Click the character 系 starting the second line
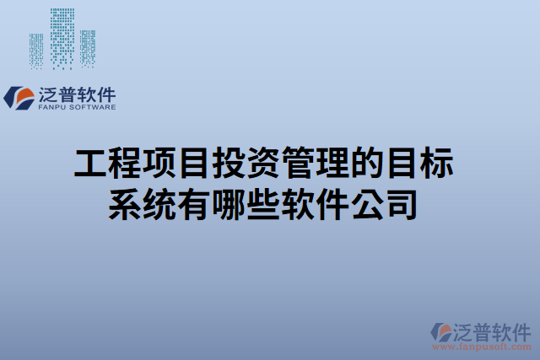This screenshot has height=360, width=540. pos(126,204)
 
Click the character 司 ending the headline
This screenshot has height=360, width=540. pos(402,204)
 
